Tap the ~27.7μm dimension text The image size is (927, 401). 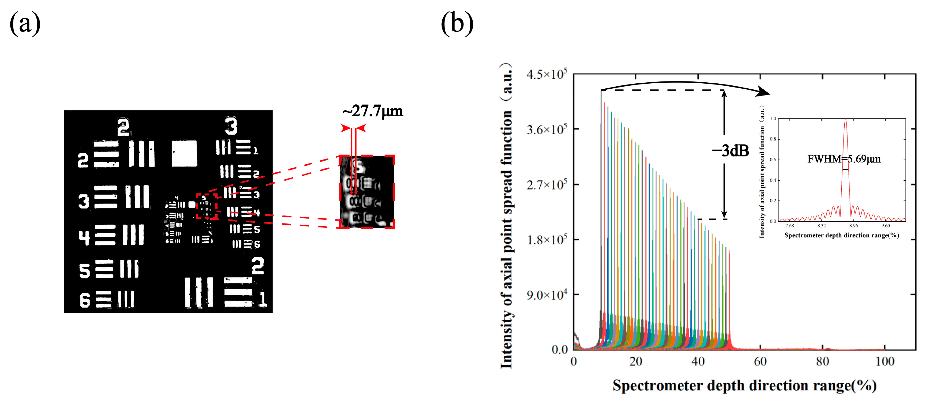click(x=373, y=111)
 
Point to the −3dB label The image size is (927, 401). click(x=731, y=151)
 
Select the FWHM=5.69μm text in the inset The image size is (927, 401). click(x=844, y=159)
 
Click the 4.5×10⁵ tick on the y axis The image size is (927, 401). click(x=547, y=74)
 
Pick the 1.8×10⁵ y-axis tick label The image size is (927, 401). click(x=547, y=239)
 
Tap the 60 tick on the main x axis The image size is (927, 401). click(x=760, y=361)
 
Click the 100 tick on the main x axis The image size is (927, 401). click(x=884, y=361)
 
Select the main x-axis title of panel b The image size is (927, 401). click(x=744, y=385)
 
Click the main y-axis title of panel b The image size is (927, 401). click(x=507, y=216)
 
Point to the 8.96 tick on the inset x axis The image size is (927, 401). click(x=853, y=226)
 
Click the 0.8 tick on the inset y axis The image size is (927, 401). click(x=772, y=139)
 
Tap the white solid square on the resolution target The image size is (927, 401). click(x=184, y=153)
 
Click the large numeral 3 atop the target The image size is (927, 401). click(x=231, y=126)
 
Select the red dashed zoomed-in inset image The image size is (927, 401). click(x=367, y=192)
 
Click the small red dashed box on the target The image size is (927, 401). click(x=207, y=206)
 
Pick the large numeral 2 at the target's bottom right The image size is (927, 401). click(x=258, y=266)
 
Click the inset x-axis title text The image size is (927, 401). click(x=841, y=235)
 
